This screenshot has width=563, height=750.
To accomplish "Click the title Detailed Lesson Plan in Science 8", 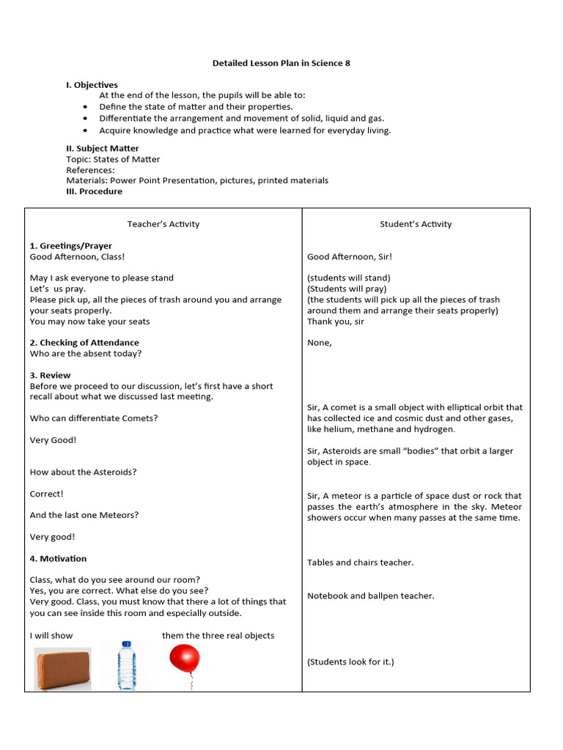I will (281, 63).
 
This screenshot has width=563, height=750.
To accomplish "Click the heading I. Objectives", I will (92, 85).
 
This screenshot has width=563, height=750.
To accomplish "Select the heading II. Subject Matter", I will (102, 149).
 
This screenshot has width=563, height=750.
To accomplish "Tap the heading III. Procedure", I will (94, 191).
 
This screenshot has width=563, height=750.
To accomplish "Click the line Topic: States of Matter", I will (113, 159).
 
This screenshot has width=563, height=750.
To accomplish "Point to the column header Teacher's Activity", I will (163, 224).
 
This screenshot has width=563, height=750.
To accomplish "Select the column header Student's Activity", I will (416, 224).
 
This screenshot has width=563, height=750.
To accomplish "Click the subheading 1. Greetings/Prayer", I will (71, 246).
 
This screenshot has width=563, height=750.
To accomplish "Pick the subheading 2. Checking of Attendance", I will (84, 343).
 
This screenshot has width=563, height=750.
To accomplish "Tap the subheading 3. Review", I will (51, 375).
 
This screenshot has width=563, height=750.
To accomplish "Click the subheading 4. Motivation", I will (58, 559).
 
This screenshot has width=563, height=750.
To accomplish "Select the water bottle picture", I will (128, 665).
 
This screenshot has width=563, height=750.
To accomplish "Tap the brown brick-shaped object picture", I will (63, 669).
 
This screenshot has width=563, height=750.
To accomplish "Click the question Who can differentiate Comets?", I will (94, 418).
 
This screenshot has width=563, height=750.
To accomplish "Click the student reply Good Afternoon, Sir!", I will (350, 257).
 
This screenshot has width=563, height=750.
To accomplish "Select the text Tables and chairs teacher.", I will (361, 562).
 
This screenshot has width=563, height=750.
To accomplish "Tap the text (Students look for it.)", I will (350, 662).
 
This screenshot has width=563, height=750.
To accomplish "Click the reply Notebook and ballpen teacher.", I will (371, 596).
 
